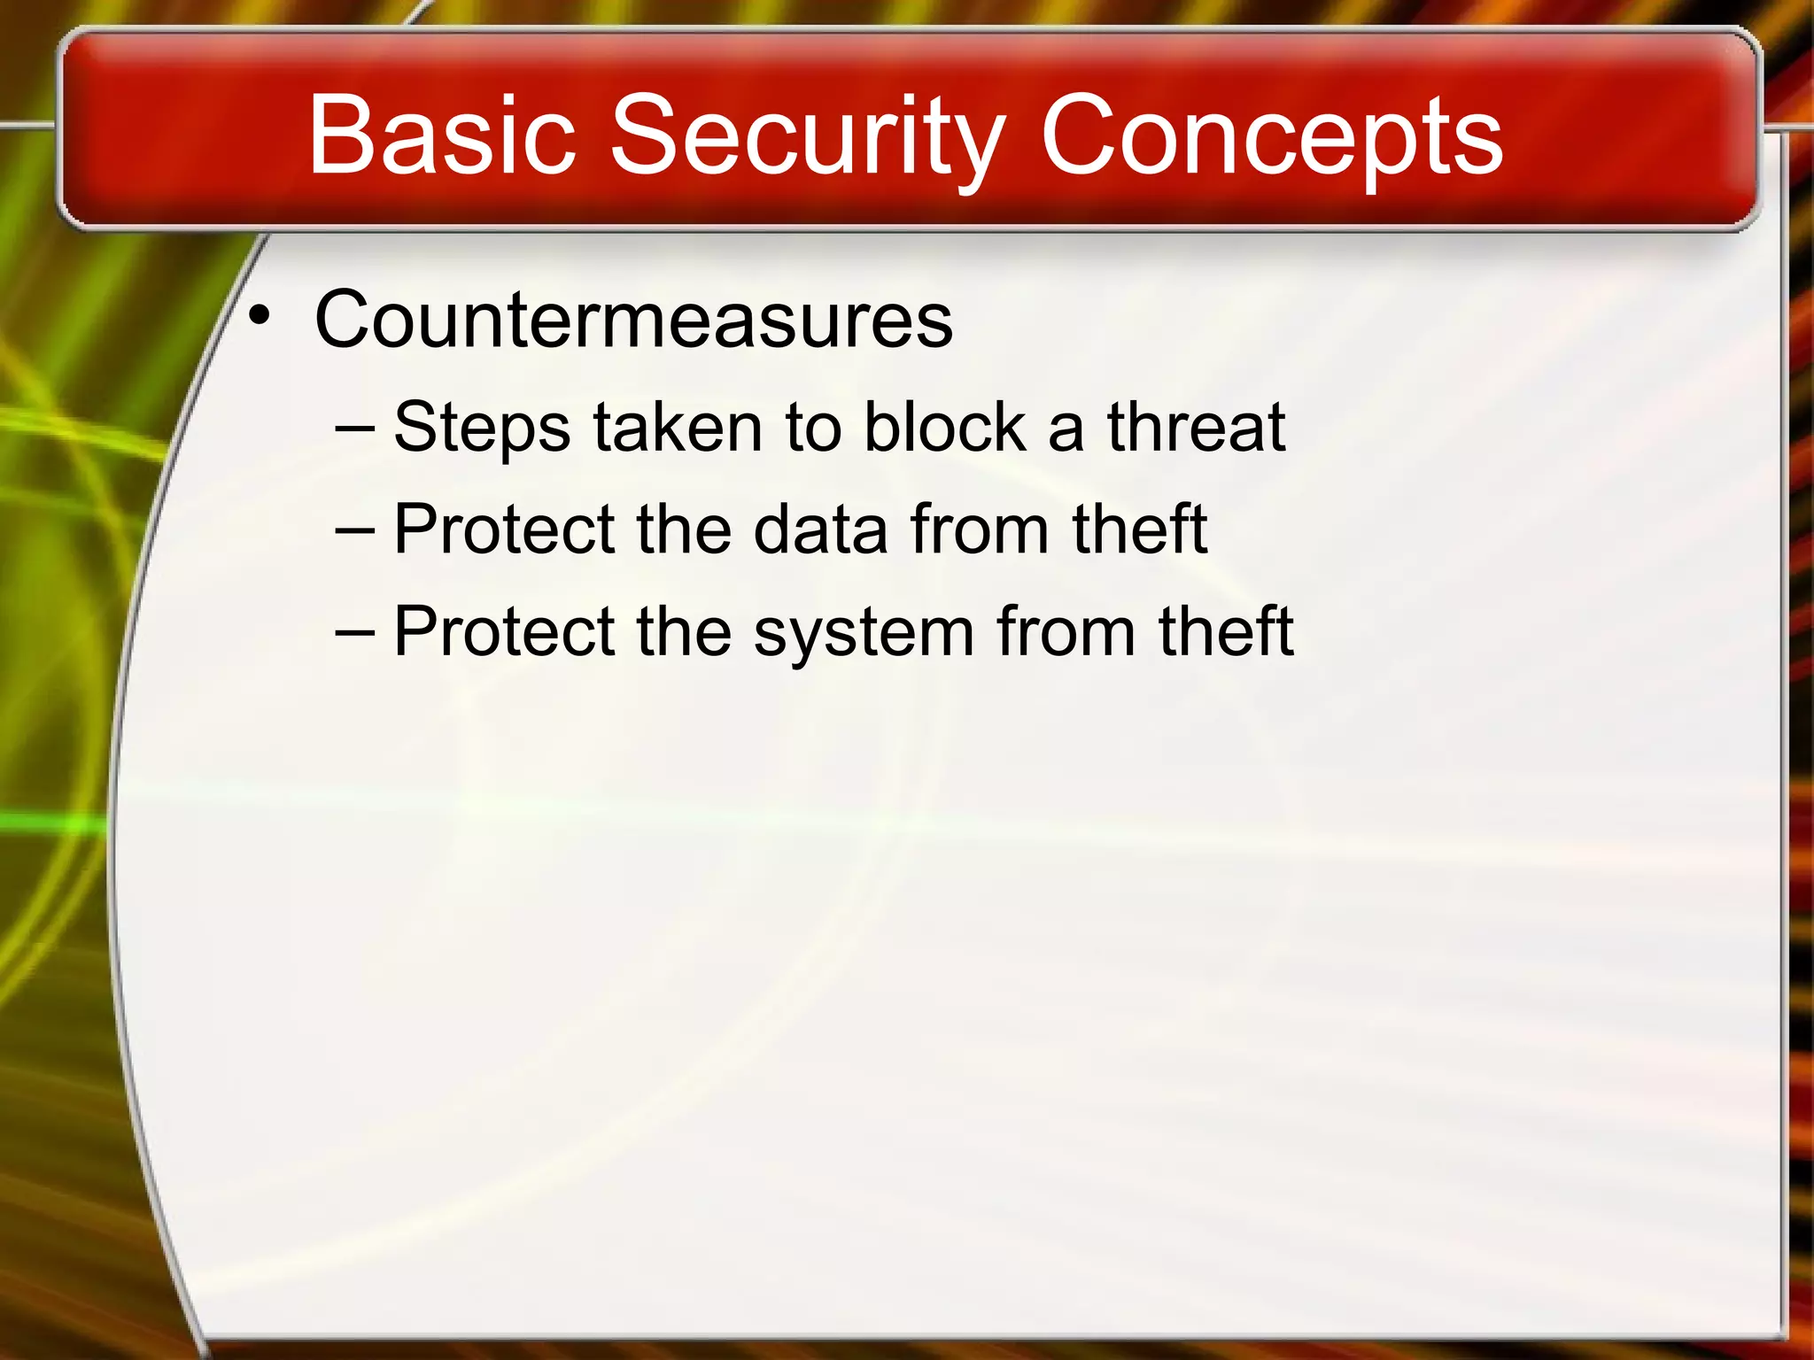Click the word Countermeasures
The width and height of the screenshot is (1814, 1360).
tap(633, 320)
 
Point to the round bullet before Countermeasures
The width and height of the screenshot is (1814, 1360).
tap(258, 315)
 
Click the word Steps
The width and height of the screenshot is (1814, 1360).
tap(482, 428)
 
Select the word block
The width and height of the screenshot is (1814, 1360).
tap(943, 428)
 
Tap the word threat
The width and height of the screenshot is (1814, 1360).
tap(1196, 428)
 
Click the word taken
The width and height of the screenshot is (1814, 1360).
tap(678, 428)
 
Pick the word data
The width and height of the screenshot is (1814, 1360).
tap(820, 529)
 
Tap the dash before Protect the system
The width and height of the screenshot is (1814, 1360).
tap(355, 633)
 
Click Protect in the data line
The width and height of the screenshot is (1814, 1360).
tap(504, 529)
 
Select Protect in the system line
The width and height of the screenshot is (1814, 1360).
tap(504, 632)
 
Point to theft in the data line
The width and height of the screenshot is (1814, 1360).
tap(1139, 529)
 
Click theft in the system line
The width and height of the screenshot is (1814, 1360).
tap(1226, 632)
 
